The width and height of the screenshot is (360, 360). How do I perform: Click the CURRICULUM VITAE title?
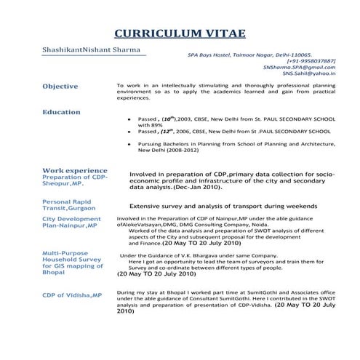click(x=180, y=33)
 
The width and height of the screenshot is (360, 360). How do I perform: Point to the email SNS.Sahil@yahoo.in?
click(x=309, y=73)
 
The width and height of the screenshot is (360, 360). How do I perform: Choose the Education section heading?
click(x=61, y=112)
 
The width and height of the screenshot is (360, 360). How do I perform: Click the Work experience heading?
click(x=74, y=170)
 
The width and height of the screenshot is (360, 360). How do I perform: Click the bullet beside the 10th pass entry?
click(x=129, y=119)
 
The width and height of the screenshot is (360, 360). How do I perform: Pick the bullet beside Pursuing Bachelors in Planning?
click(x=129, y=144)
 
